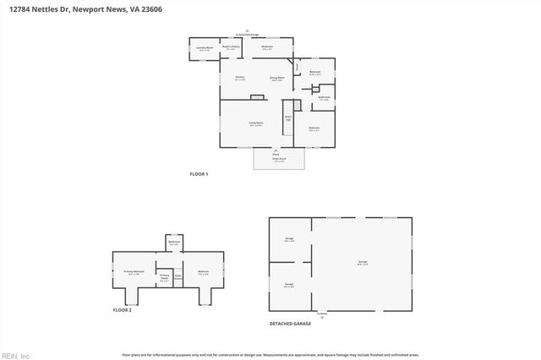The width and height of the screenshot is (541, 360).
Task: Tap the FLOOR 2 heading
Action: point(123,310)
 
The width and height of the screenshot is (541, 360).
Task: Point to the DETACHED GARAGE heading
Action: point(290,324)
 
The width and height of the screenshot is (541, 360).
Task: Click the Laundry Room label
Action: point(204,49)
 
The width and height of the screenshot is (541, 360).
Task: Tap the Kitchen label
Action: point(239,79)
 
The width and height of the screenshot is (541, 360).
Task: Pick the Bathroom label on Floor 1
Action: point(324,97)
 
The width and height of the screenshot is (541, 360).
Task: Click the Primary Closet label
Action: point(165,276)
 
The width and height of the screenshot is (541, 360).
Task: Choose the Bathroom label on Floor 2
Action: point(174,243)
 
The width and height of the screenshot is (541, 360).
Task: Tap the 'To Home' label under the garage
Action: point(321,313)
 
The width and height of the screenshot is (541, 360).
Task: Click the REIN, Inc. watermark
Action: point(15,355)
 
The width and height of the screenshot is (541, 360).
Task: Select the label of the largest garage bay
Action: point(362,263)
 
